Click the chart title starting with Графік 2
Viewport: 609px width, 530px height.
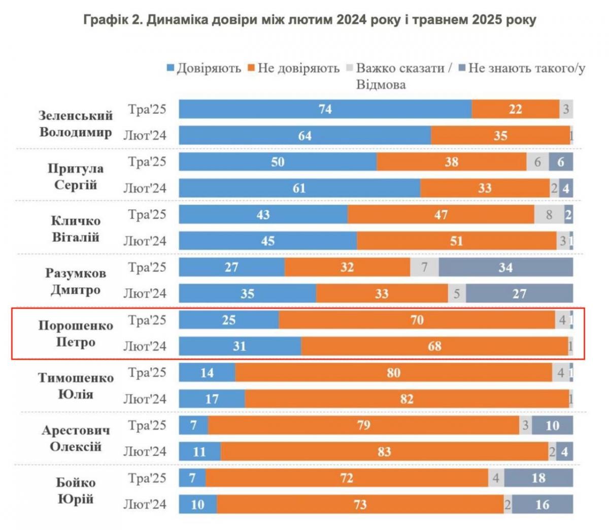(x=309, y=20)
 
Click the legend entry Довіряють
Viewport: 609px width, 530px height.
(x=204, y=69)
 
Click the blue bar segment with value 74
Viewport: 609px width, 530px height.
(x=325, y=109)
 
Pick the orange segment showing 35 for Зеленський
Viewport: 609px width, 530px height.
(x=500, y=136)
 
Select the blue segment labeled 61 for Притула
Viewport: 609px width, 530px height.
(x=299, y=189)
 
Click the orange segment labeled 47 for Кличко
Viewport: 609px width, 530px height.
(x=441, y=215)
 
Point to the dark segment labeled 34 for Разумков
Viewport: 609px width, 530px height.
(x=505, y=267)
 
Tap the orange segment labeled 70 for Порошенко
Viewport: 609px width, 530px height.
(x=417, y=320)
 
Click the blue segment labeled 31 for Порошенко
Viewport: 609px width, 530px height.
(x=240, y=347)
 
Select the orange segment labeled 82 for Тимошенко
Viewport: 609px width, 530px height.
(x=407, y=399)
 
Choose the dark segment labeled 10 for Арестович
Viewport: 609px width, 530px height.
(x=552, y=425)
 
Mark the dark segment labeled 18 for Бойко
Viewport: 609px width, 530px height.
(x=538, y=478)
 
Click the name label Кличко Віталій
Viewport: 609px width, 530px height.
(x=76, y=229)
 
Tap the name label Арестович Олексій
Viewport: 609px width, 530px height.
(x=76, y=439)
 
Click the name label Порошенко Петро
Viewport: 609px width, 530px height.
(x=76, y=333)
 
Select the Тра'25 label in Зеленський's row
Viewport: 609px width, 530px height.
(x=147, y=109)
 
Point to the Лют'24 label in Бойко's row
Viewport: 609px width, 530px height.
(x=145, y=505)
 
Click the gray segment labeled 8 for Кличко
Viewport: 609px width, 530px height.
(x=549, y=215)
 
